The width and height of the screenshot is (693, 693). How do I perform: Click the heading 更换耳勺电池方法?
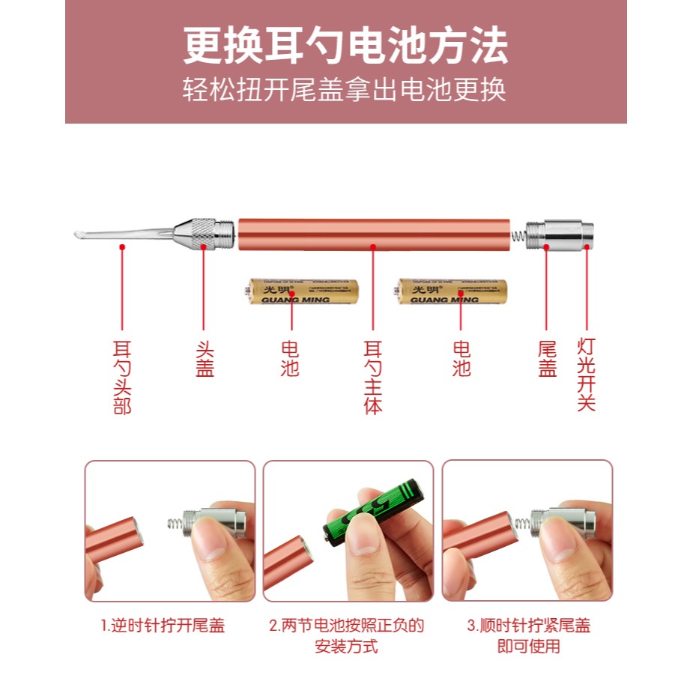(x=345, y=46)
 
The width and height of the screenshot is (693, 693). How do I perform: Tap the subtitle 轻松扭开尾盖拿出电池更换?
(x=345, y=90)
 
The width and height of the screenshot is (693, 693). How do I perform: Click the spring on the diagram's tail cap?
(x=517, y=234)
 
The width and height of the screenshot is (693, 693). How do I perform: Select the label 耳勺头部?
(x=121, y=378)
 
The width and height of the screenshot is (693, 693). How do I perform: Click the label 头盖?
(x=205, y=359)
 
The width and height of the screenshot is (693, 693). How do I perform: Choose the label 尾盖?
(x=547, y=359)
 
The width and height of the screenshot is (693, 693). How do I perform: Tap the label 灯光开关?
(x=586, y=374)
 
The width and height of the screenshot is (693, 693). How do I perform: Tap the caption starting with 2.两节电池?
(x=346, y=635)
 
